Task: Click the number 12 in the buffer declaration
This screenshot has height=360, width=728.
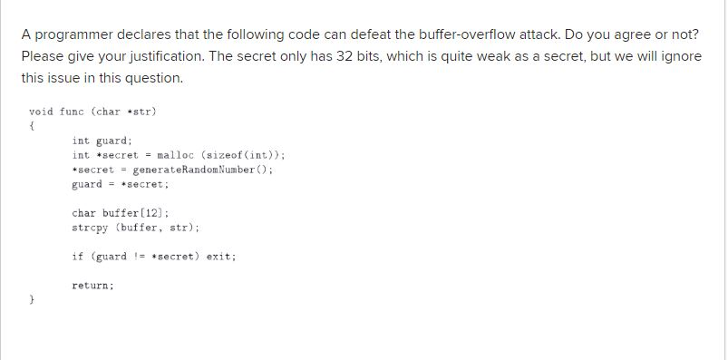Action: (141, 213)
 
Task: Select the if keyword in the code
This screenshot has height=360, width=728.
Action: (77, 257)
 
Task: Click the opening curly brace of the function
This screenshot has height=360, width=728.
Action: (32, 126)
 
